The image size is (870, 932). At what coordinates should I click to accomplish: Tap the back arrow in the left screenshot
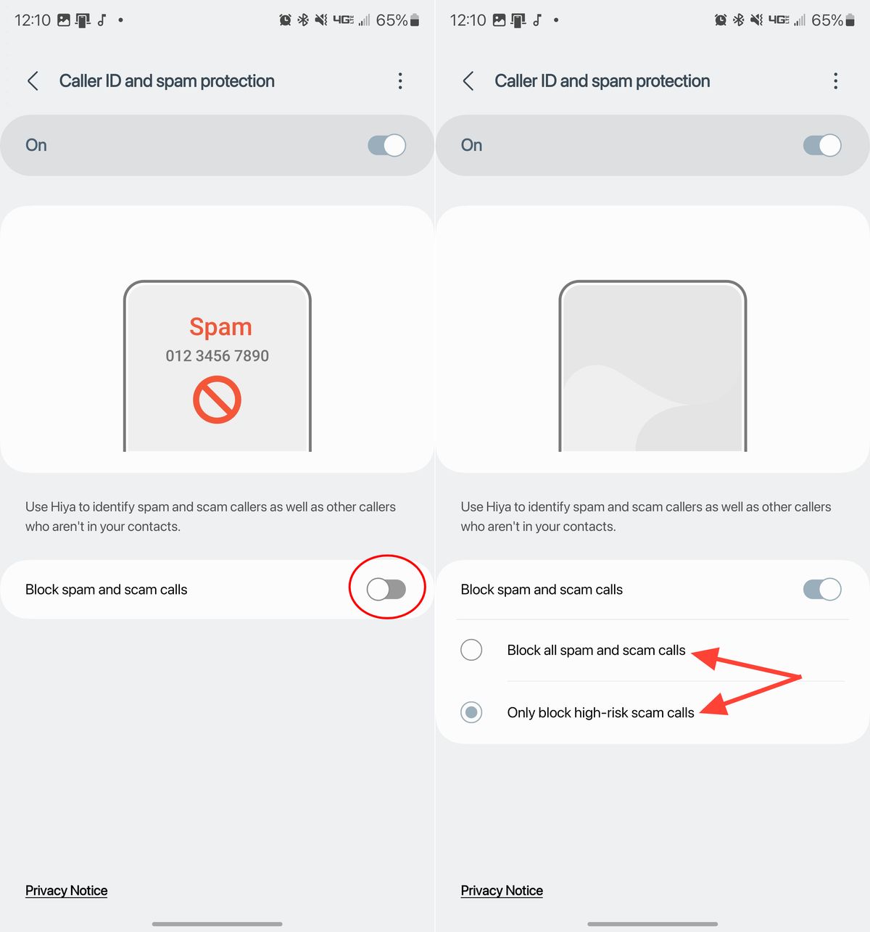click(33, 81)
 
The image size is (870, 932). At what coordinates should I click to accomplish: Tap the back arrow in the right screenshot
click(468, 81)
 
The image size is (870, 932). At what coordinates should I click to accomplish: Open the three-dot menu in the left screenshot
click(400, 81)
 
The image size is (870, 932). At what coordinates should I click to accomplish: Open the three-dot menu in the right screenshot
click(835, 81)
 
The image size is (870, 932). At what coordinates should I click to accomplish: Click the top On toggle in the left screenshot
click(386, 145)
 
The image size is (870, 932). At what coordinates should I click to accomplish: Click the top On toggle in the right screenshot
click(821, 145)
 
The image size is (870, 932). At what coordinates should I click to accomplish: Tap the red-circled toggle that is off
click(386, 589)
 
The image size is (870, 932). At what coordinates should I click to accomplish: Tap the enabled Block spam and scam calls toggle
click(821, 589)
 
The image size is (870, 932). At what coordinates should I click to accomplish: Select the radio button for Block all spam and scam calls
click(471, 650)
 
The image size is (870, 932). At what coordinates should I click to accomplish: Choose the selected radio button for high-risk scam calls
click(471, 712)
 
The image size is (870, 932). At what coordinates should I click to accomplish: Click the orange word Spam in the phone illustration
click(220, 327)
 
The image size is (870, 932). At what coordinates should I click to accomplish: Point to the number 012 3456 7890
click(217, 355)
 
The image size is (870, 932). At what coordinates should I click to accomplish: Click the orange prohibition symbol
click(217, 400)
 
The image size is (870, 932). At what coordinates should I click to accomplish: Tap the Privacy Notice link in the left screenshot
click(66, 890)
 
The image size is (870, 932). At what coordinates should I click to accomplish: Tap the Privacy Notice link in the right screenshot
click(502, 890)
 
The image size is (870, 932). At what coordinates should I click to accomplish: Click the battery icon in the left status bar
click(415, 20)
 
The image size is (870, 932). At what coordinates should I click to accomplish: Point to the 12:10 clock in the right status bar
click(468, 20)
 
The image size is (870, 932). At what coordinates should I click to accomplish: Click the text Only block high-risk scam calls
click(600, 712)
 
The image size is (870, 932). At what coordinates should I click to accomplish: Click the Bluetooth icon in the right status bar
click(738, 20)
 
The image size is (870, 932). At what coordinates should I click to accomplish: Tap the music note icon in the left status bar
click(102, 20)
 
